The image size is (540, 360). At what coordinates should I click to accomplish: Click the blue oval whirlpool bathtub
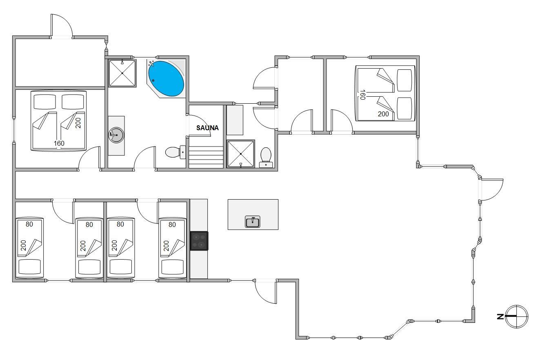(166, 79)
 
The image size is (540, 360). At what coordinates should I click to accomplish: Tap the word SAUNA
(207, 128)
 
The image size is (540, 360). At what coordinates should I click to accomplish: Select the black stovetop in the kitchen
(199, 241)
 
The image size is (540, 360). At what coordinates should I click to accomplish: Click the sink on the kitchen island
(252, 222)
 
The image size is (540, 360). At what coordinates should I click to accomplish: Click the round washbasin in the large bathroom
(116, 135)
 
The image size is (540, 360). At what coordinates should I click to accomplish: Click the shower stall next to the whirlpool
(122, 73)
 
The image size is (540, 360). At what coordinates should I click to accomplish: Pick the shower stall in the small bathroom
(240, 153)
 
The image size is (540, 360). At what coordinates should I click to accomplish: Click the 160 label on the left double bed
(59, 144)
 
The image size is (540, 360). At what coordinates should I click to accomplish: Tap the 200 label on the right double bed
(383, 114)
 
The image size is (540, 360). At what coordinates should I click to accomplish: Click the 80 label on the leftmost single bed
(29, 224)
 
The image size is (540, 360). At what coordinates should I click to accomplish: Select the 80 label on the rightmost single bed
(172, 225)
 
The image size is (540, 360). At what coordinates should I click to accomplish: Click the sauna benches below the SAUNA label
(206, 157)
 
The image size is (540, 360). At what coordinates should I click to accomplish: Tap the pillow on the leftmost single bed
(29, 267)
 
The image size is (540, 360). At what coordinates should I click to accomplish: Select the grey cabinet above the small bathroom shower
(235, 120)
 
